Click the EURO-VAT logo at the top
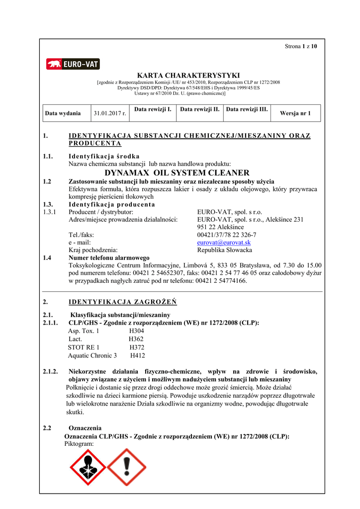tap(73, 64)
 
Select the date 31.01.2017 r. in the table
tap(110, 113)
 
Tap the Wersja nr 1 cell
tap(295, 113)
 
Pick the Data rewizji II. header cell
tap(200, 109)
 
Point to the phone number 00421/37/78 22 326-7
tap(227, 235)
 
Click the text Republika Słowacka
tap(224, 250)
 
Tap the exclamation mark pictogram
tap(126, 467)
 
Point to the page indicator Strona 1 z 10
tap(300, 46)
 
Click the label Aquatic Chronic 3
tap(92, 355)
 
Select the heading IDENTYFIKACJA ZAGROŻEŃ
tap(122, 302)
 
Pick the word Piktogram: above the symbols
tap(79, 443)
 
